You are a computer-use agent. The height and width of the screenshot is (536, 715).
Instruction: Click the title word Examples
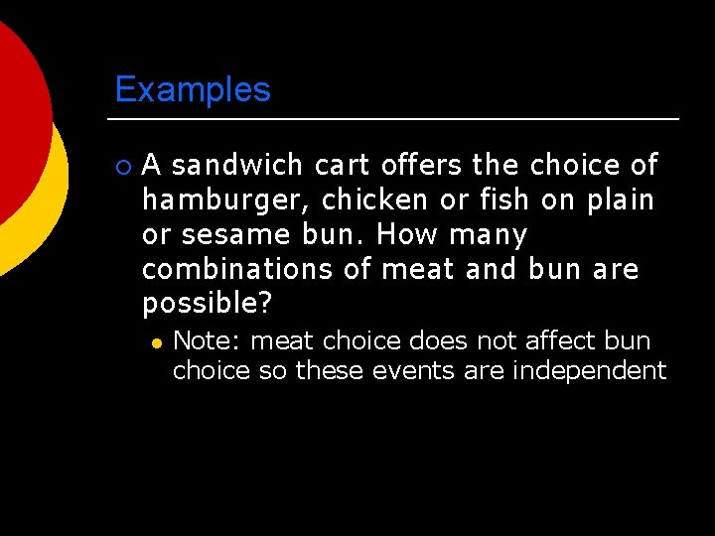193,90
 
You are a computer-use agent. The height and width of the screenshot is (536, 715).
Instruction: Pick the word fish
505,201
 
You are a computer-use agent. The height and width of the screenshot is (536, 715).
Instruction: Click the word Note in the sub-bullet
205,341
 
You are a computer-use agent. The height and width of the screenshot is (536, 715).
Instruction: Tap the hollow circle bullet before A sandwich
123,166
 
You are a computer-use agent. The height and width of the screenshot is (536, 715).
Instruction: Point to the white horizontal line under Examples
396,119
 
